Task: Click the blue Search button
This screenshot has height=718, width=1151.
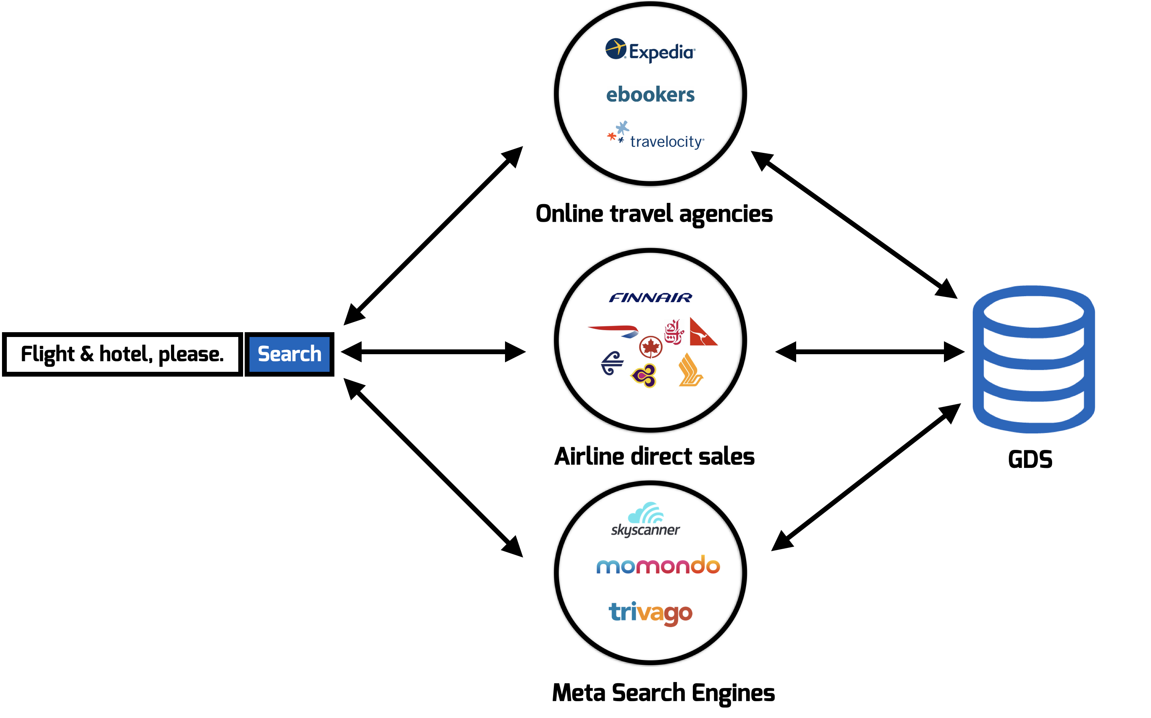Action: [289, 354]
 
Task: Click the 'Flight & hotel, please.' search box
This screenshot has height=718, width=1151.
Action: [122, 354]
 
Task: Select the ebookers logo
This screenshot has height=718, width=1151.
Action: [650, 94]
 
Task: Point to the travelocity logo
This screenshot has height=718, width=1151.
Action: [656, 137]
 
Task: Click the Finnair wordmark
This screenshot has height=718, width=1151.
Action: [650, 298]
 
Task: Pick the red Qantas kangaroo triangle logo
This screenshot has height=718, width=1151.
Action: [702, 332]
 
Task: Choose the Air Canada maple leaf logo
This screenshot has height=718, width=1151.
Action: [650, 347]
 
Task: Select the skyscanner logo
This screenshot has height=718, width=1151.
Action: [645, 519]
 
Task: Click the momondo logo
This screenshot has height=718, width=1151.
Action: [658, 565]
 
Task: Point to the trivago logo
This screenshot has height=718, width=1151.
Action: [650, 613]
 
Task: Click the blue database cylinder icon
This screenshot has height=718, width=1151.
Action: [1034, 359]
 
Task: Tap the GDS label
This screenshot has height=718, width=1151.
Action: [1030, 459]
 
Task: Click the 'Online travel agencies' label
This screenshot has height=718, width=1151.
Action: [654, 214]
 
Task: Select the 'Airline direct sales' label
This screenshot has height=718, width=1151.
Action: [654, 456]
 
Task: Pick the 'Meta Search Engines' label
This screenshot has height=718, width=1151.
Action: [663, 693]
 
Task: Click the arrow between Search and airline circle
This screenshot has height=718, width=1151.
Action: [433, 352]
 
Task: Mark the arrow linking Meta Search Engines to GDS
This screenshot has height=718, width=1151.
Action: [865, 477]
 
